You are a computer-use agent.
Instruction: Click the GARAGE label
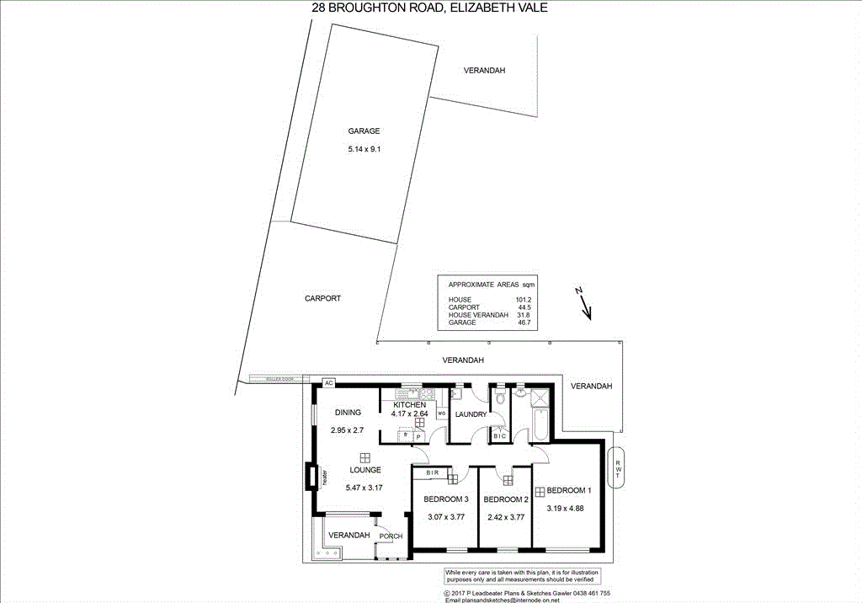(364, 131)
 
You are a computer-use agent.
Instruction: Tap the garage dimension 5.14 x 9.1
(364, 150)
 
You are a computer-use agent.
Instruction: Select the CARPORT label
(322, 299)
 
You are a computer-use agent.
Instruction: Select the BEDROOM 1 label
(569, 490)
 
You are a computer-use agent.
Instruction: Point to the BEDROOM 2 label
(506, 499)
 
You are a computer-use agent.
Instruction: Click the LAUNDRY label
(471, 414)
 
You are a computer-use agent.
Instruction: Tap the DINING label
(348, 413)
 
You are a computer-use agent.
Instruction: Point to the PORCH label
(391, 536)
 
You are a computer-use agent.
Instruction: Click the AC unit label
(329, 383)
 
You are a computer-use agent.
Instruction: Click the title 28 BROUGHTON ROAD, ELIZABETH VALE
(429, 8)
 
